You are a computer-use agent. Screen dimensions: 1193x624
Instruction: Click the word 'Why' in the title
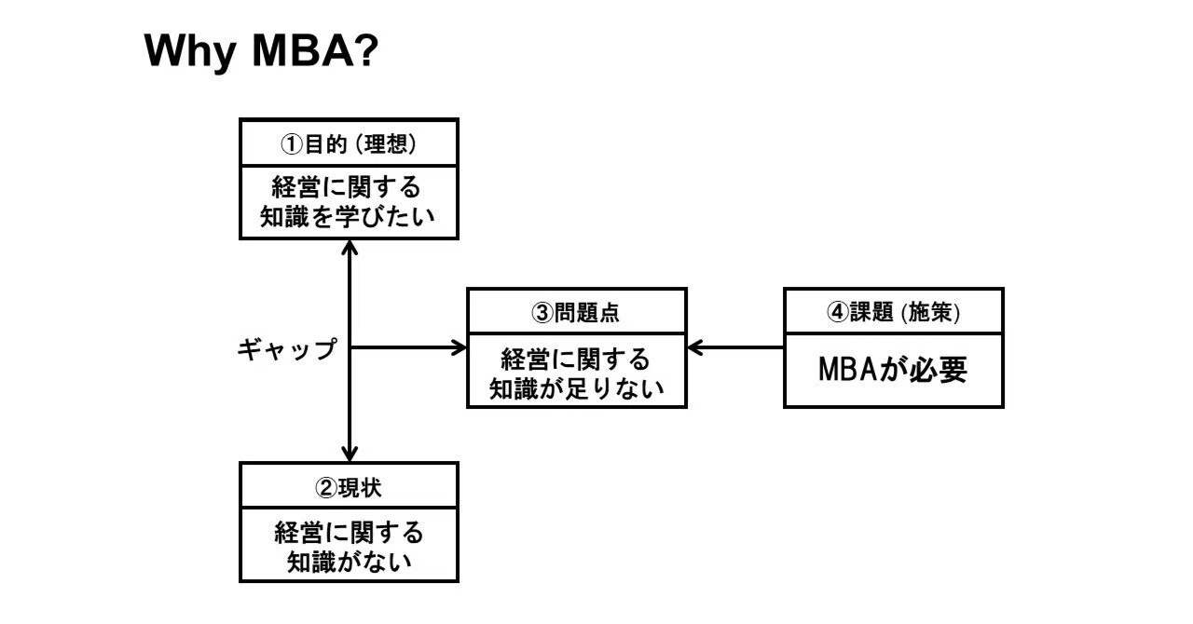point(189,51)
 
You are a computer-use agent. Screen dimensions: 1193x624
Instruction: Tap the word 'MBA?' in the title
point(315,50)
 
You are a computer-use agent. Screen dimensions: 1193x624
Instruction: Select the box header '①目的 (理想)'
point(349,143)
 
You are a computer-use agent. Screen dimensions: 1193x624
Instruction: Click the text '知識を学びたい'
point(348,217)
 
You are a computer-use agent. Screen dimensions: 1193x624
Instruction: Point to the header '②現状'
point(349,487)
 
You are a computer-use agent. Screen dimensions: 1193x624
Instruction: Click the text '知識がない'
point(350,562)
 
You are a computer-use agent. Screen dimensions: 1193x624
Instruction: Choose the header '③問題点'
point(576,313)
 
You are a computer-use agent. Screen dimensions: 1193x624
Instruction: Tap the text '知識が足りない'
point(576,388)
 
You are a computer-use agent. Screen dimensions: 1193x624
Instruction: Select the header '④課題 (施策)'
point(893,312)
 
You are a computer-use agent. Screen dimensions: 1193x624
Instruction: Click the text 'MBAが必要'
point(893,369)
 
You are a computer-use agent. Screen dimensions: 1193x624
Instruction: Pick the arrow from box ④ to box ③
point(735,347)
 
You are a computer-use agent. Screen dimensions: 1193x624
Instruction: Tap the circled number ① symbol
point(292,144)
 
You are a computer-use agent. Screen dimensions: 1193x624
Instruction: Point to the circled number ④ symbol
point(837,313)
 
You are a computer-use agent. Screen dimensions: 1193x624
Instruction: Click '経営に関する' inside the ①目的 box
point(347,187)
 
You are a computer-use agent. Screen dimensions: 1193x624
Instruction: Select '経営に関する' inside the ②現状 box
point(349,533)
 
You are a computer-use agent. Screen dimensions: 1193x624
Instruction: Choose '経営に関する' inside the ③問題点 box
point(576,359)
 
